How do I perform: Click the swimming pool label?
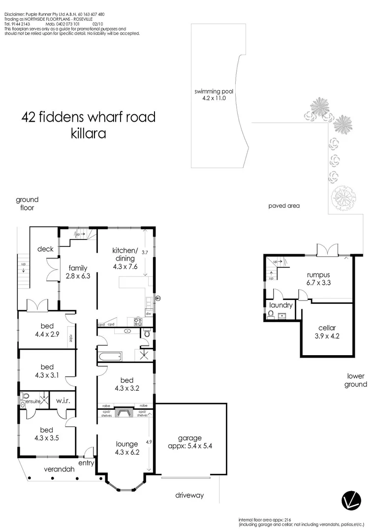pyautogui.click(x=214, y=92)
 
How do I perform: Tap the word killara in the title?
pyautogui.click(x=89, y=133)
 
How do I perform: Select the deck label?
pyautogui.click(x=45, y=249)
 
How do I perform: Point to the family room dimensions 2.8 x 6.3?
pyautogui.click(x=78, y=276)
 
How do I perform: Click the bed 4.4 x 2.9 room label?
pyautogui.click(x=47, y=330)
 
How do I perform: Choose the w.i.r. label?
pyautogui.click(x=63, y=400)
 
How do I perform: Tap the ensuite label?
pyautogui.click(x=29, y=402)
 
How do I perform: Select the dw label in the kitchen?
pyautogui.click(x=148, y=313)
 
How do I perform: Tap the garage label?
pyautogui.click(x=190, y=438)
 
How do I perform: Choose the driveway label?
pyautogui.click(x=190, y=495)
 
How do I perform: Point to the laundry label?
pyautogui.click(x=281, y=305)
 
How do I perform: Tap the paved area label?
pyautogui.click(x=284, y=205)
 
